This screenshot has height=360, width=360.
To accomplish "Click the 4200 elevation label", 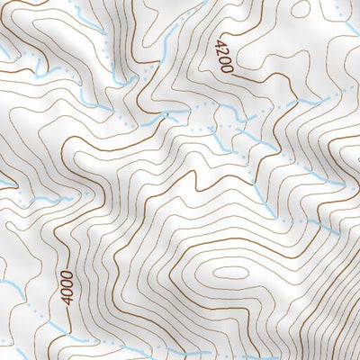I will pos(222,56).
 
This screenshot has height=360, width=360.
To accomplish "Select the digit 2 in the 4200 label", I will pos(221,51).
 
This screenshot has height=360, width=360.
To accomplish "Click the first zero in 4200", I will pos(223,60).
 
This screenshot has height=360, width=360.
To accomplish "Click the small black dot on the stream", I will pos(166,115).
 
